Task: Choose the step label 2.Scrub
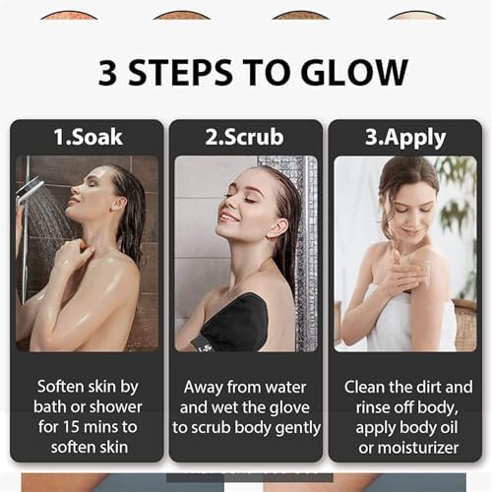245,137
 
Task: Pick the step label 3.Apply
404,137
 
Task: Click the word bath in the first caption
59,406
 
